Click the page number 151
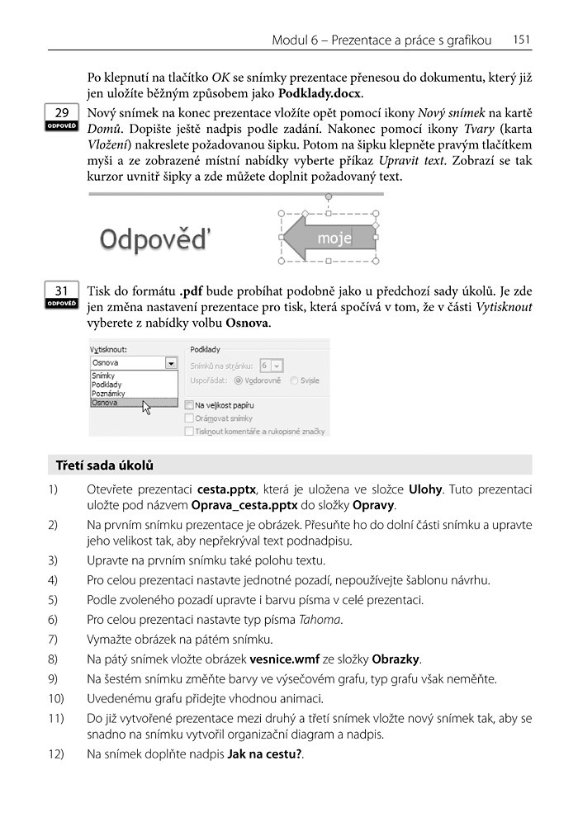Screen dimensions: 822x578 click(x=521, y=40)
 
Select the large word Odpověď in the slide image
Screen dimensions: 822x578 click(x=155, y=240)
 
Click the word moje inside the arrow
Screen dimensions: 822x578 click(x=334, y=239)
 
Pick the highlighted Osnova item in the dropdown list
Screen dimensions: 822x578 click(x=106, y=403)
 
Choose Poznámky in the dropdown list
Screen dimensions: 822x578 click(x=108, y=394)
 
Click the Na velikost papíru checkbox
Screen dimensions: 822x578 click(x=190, y=405)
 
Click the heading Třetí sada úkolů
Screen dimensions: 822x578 click(x=104, y=465)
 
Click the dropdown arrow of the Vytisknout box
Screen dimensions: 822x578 click(x=170, y=362)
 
